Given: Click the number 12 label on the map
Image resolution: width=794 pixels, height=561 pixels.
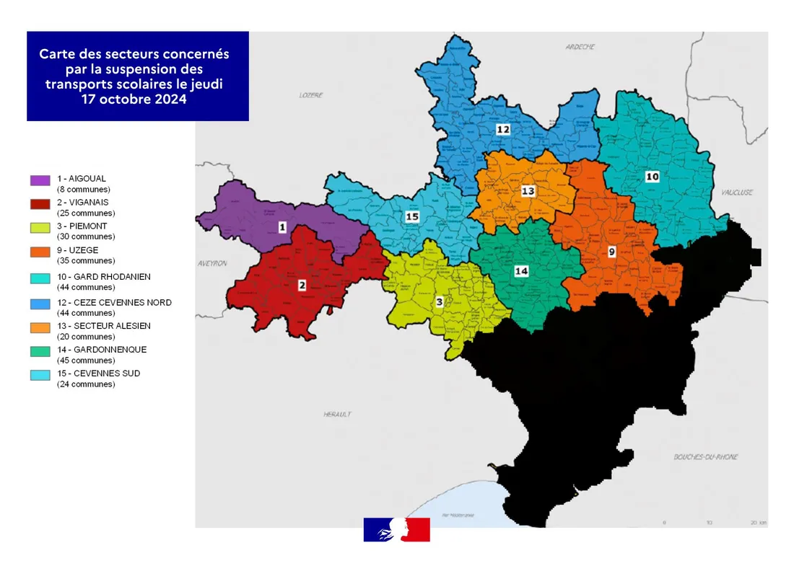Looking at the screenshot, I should pyautogui.click(x=503, y=129).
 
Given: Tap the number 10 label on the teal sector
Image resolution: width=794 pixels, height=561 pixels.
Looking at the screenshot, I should pyautogui.click(x=652, y=176).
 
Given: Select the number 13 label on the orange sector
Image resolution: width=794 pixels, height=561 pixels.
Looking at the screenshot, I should pyautogui.click(x=528, y=191).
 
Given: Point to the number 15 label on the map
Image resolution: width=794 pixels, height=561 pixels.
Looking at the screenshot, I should pyautogui.click(x=412, y=216).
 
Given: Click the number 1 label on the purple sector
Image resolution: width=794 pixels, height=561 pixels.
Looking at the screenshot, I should pyautogui.click(x=282, y=227).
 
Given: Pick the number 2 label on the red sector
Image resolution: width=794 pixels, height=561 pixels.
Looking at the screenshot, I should pyautogui.click(x=302, y=285).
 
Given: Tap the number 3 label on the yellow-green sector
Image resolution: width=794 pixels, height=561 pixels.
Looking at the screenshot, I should pyautogui.click(x=439, y=303).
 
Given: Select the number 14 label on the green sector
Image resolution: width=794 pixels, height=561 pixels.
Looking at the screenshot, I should pyautogui.click(x=521, y=270).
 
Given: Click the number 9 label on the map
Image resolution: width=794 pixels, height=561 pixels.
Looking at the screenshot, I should pyautogui.click(x=611, y=252).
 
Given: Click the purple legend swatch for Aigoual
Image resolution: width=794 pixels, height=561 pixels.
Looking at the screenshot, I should pyautogui.click(x=40, y=180).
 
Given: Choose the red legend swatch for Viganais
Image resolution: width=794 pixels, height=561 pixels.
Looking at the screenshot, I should pyautogui.click(x=40, y=204).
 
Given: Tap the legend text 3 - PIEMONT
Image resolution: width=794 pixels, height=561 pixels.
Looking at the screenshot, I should pyautogui.click(x=82, y=226).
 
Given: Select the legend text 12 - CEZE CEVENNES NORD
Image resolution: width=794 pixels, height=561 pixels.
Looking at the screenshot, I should pyautogui.click(x=114, y=302).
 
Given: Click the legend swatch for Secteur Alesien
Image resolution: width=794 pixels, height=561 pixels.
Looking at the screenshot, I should pyautogui.click(x=40, y=327).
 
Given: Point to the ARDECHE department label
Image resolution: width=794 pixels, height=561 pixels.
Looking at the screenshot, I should pyautogui.click(x=580, y=47).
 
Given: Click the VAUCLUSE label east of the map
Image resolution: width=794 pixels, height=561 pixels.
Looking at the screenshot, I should pyautogui.click(x=736, y=193).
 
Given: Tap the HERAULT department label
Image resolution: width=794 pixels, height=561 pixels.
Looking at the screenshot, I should pyautogui.click(x=337, y=415).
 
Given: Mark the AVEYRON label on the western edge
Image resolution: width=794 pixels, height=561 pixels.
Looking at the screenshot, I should pyautogui.click(x=212, y=264).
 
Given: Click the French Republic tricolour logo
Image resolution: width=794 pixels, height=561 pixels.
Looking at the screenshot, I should pyautogui.click(x=396, y=529).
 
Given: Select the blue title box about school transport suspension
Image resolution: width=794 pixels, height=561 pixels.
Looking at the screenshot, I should pyautogui.click(x=138, y=76).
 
